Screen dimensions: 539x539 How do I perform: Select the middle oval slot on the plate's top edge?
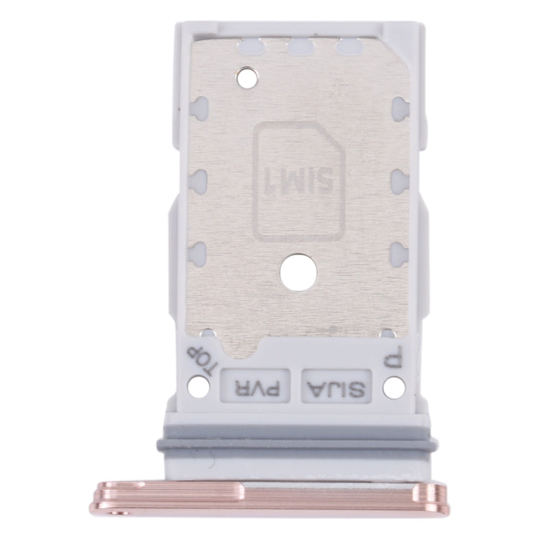pos(298,49)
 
